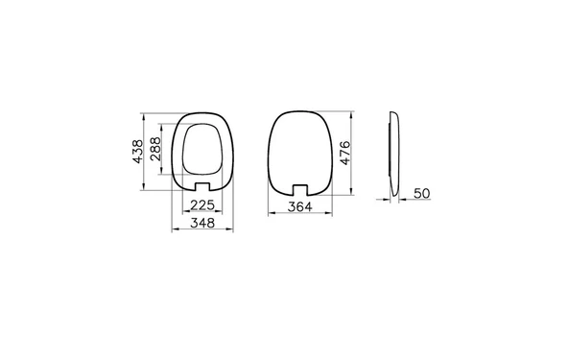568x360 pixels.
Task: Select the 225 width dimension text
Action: (201, 204)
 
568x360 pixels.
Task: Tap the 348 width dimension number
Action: (201, 223)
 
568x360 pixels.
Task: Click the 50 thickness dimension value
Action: (421, 193)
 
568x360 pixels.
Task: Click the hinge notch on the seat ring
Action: (201, 184)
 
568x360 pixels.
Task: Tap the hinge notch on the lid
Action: (300, 185)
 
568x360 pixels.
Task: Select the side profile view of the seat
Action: (393, 154)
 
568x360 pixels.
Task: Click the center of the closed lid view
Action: (300, 149)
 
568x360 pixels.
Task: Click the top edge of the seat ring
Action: (201, 113)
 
